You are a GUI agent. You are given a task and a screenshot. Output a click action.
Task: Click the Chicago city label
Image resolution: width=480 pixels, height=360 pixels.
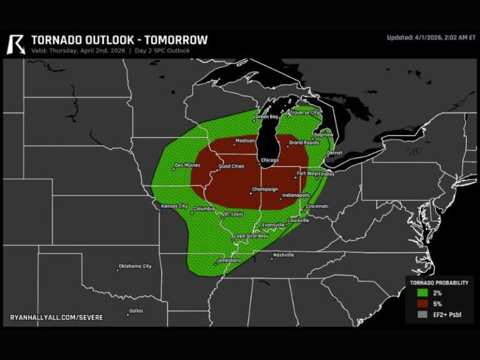(269, 160)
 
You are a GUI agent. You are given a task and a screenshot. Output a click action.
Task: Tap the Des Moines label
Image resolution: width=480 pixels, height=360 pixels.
(187, 166)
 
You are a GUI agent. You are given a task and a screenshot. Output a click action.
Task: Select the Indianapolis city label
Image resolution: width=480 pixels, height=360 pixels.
(296, 196)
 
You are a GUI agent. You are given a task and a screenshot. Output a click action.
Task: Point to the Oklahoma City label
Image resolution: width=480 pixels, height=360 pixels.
(135, 266)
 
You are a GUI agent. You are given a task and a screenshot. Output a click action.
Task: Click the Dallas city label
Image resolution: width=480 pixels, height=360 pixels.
(136, 311)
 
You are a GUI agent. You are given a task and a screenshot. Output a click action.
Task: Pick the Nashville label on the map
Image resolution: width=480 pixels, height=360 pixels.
(283, 255)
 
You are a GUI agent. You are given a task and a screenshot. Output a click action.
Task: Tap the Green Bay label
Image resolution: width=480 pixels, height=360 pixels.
(266, 117)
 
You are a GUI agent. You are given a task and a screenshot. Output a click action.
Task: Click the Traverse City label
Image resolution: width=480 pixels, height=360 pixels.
(304, 113)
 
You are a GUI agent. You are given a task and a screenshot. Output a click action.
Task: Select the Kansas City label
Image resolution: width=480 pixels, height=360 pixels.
(174, 206)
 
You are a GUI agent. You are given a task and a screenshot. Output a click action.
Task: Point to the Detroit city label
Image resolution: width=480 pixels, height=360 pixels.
(334, 152)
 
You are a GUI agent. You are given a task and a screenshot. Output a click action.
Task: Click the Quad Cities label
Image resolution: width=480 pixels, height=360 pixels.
(231, 166)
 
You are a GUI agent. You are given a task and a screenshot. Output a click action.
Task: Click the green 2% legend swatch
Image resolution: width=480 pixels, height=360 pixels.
(422, 292)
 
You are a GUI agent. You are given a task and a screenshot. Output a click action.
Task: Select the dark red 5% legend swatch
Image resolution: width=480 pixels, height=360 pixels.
(422, 304)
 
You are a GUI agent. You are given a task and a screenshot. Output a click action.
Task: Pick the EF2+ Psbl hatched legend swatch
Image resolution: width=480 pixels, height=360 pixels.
(422, 315)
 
